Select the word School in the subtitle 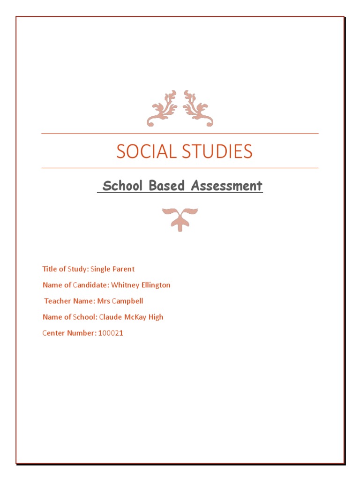pos(123,186)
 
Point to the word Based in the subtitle pos(165,186)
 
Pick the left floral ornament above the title pos(162,108)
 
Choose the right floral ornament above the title pos(198,108)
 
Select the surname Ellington pos(155,285)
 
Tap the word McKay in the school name pos(136,317)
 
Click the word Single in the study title pos(100,269)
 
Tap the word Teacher pos(57,301)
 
